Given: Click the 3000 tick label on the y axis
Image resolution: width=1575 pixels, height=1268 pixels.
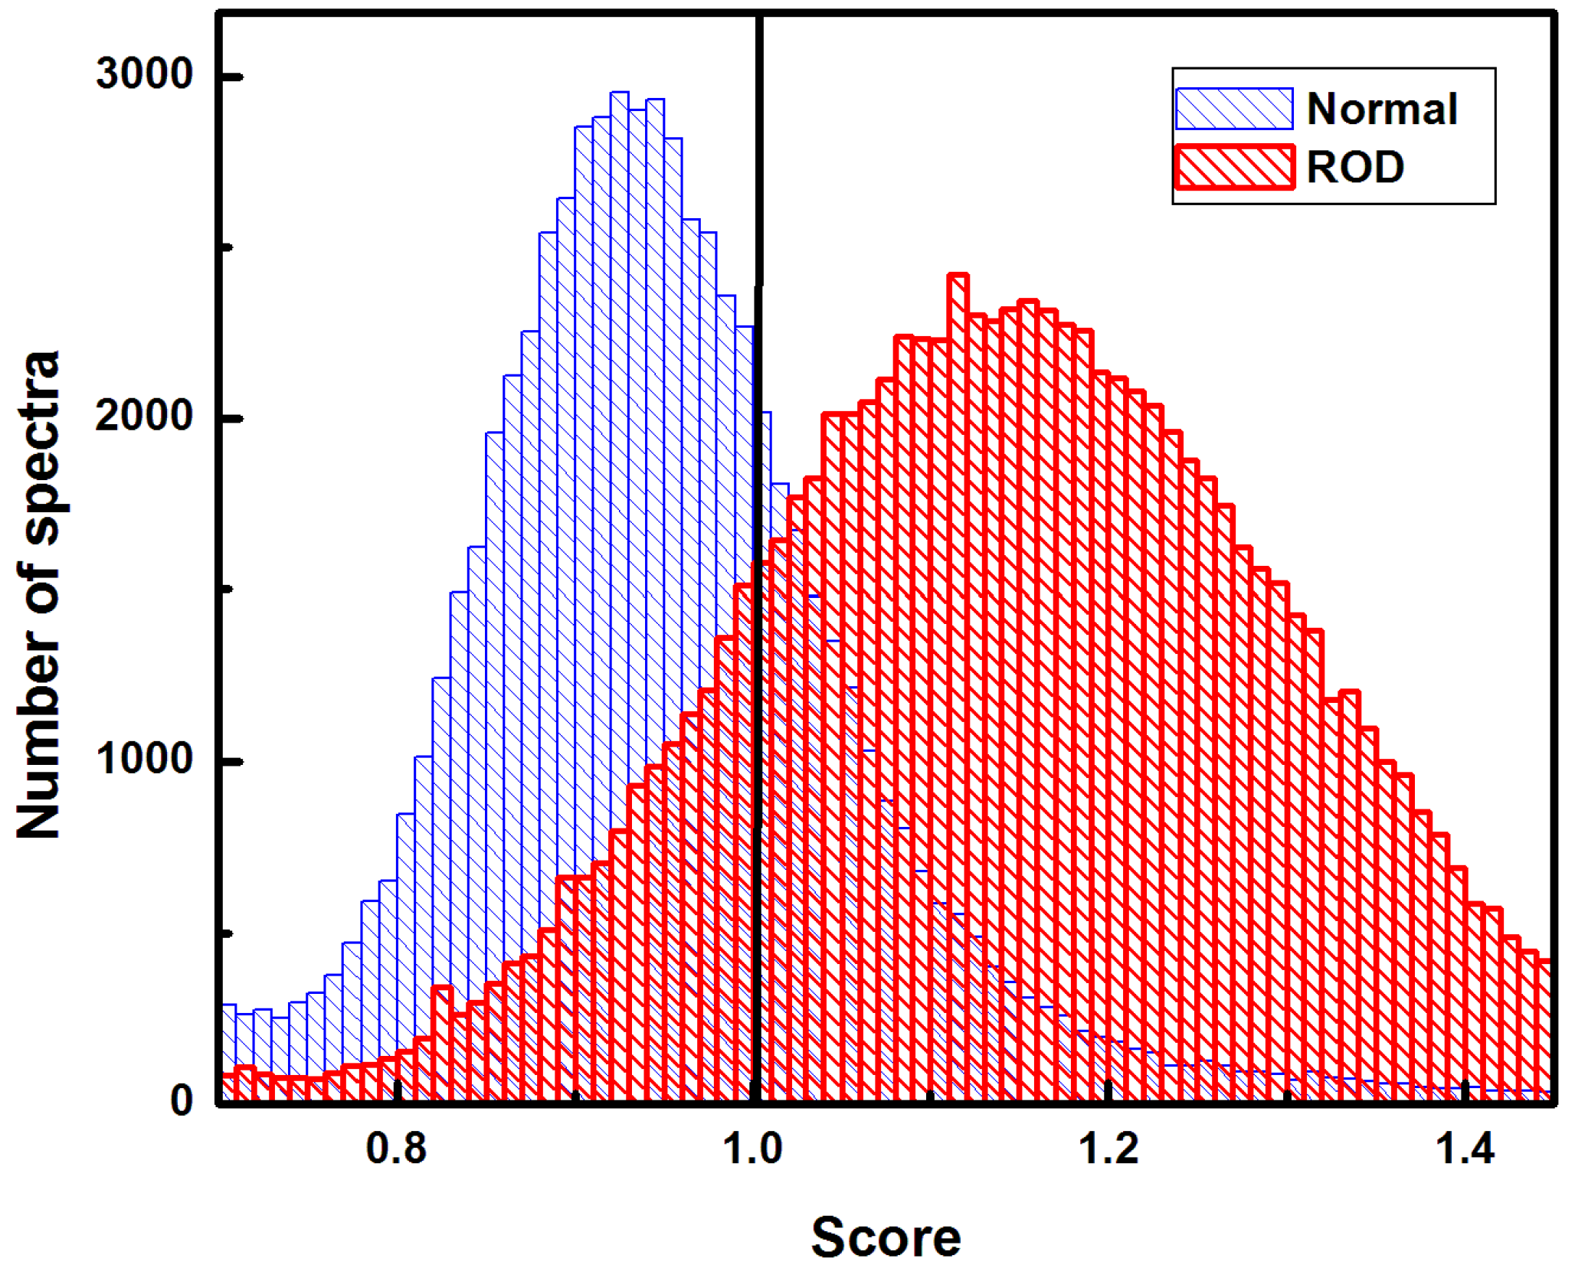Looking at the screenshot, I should pyautogui.click(x=143, y=75).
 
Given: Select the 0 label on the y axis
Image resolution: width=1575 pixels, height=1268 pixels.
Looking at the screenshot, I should pyautogui.click(x=182, y=1100).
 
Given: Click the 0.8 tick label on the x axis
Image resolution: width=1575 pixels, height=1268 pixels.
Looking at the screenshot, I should pyautogui.click(x=396, y=1149).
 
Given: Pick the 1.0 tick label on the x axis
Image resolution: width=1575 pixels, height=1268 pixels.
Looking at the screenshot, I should pyautogui.click(x=753, y=1149).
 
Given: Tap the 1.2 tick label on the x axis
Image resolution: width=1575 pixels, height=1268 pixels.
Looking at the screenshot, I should pyautogui.click(x=1108, y=1149).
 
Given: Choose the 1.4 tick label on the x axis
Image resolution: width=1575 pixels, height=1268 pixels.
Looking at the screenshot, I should pyautogui.click(x=1465, y=1149).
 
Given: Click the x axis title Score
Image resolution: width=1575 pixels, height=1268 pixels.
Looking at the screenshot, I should pyautogui.click(x=886, y=1237).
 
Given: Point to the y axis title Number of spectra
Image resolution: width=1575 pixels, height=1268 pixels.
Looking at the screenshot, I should pyautogui.click(x=38, y=596).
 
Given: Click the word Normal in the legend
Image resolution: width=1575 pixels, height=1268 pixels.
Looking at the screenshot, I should pyautogui.click(x=1381, y=109).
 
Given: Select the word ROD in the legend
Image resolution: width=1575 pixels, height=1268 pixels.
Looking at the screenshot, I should pyautogui.click(x=1354, y=167).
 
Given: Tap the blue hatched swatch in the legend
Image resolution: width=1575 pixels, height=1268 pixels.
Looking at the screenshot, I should pyautogui.click(x=1234, y=109).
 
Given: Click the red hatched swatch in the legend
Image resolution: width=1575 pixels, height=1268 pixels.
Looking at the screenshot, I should pyautogui.click(x=1234, y=167).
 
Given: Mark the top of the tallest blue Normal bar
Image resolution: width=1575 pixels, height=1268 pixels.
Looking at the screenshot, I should pyautogui.click(x=620, y=93).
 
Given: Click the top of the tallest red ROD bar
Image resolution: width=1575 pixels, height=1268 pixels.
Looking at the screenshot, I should pyautogui.click(x=958, y=275).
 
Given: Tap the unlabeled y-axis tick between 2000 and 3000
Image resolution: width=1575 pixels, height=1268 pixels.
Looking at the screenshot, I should pyautogui.click(x=228, y=247).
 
